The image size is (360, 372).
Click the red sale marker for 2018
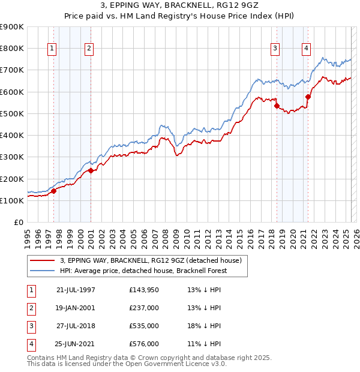pyautogui.click(x=277, y=106)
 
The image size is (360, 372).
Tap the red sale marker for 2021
pyautogui.click(x=308, y=97)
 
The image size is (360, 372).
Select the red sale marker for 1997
pyautogui.click(x=53, y=191)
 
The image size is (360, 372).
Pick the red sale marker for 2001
pyautogui.click(x=91, y=170)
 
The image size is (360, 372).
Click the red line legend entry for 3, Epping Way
pyautogui.click(x=151, y=260)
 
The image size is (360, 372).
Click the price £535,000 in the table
pyautogui.click(x=144, y=326)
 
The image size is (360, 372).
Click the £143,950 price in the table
pyautogui.click(x=144, y=290)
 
